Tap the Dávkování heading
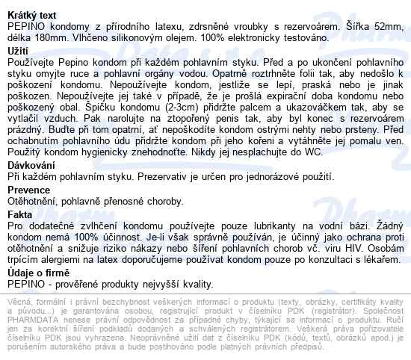[31, 164]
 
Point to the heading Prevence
[26, 190]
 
